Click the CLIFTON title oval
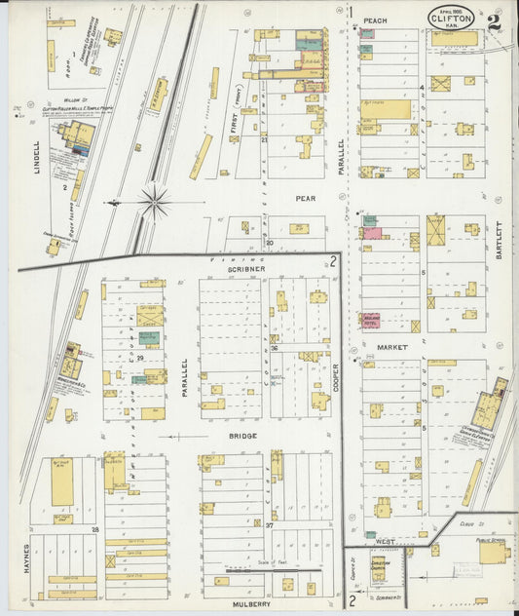450,18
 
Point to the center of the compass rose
153,203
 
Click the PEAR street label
308,197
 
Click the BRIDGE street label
242,436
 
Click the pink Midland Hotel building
371,320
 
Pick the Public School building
492,552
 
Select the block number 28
95,529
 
